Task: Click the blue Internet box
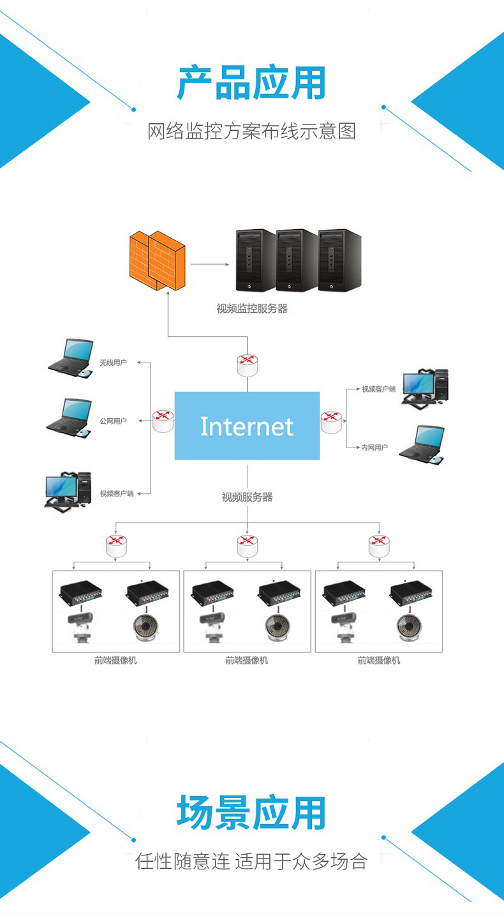click(x=247, y=425)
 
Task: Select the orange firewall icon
click(x=158, y=260)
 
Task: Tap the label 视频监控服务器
click(x=252, y=308)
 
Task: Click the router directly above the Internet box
click(x=248, y=365)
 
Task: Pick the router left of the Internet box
click(x=163, y=421)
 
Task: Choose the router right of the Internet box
click(x=331, y=422)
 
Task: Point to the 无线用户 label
click(x=113, y=363)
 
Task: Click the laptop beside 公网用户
click(x=69, y=418)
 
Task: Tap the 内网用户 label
click(x=374, y=447)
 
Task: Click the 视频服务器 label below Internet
click(x=247, y=497)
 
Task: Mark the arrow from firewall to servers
click(x=210, y=264)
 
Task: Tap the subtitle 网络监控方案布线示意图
click(x=251, y=131)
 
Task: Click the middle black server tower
click(x=297, y=260)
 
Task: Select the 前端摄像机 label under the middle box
click(x=247, y=661)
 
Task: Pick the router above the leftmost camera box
click(x=116, y=546)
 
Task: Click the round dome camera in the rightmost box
click(x=410, y=627)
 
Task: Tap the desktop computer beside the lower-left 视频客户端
click(x=68, y=492)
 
